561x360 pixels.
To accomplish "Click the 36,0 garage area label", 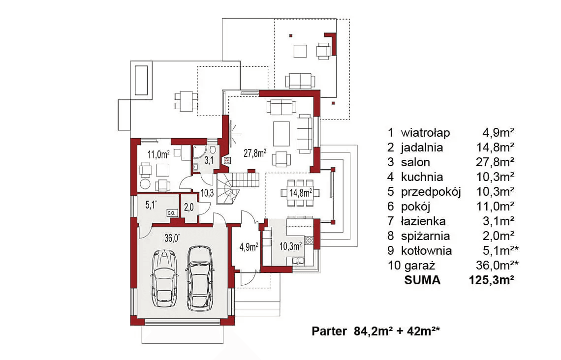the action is coord(172,238).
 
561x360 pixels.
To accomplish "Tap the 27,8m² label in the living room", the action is coord(255,153).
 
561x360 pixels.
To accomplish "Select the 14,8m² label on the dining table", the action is coord(301,193).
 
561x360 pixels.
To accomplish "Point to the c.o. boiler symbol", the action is coord(171,213).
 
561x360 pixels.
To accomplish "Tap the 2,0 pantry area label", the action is coord(188,207).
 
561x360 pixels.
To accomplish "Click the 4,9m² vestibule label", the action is coord(249,247).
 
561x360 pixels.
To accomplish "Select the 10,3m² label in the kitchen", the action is coord(290,246).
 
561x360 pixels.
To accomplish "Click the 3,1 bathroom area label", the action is coord(209,160).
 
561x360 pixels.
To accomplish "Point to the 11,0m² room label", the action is coord(158,154).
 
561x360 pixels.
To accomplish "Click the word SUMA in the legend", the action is coord(422,280).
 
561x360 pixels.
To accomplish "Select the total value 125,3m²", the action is coord(492,280).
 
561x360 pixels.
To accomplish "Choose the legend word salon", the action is coord(415,162).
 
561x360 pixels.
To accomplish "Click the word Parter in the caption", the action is coord(329,331).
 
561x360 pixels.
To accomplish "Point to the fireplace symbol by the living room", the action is coord(227,160).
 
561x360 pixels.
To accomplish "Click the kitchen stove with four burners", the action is coord(309,240).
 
